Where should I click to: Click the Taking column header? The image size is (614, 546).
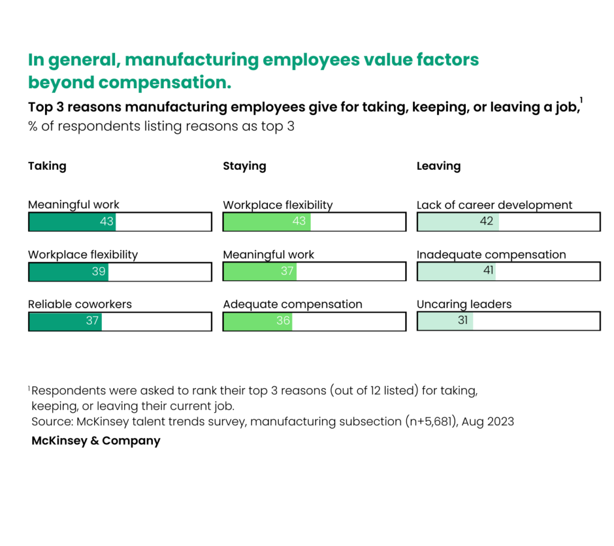pos(47,166)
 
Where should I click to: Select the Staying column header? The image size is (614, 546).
pos(244,166)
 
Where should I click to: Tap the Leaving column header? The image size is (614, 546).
pos(438,166)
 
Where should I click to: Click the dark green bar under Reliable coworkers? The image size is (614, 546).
pos(65,321)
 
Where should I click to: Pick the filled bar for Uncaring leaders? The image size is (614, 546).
pos(445,321)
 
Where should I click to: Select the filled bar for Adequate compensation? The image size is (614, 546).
pos(257,321)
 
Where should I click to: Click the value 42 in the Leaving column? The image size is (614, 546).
pos(486,221)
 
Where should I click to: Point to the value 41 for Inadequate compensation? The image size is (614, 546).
pos(488,271)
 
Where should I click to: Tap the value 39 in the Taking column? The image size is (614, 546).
pos(99,271)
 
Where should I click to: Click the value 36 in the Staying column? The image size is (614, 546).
pos(283,321)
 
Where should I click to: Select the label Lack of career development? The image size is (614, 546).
pos(494,205)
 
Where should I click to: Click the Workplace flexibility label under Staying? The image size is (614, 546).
pos(278,205)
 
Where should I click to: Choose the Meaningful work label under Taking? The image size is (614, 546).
pos(74,205)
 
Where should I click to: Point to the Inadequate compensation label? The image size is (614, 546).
pos(491,255)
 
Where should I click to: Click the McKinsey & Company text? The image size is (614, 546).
pos(96,441)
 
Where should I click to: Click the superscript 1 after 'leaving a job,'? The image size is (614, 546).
pos(581,100)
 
